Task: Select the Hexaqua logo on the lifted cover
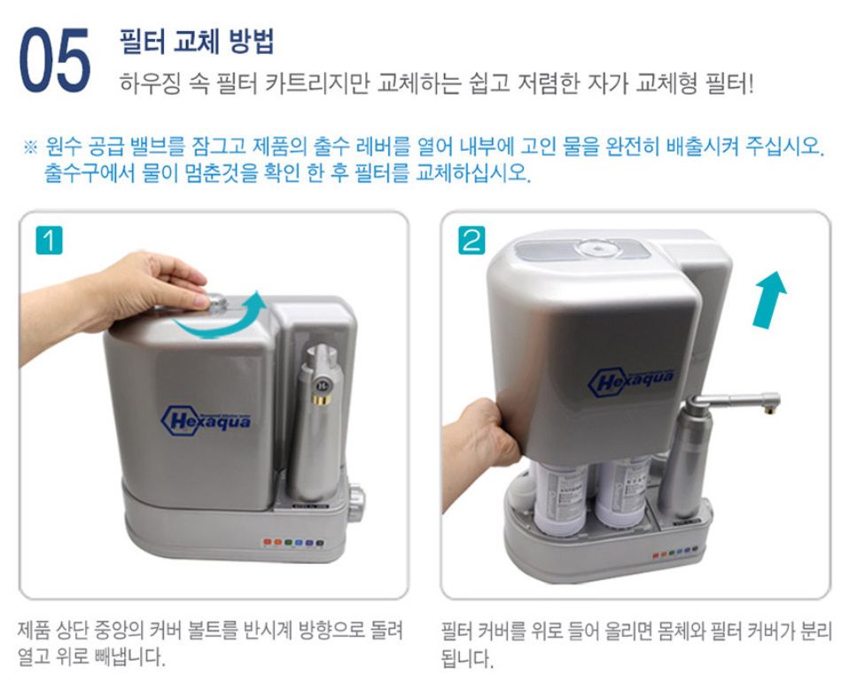click(x=631, y=381)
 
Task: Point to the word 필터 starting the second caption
click(x=457, y=631)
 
